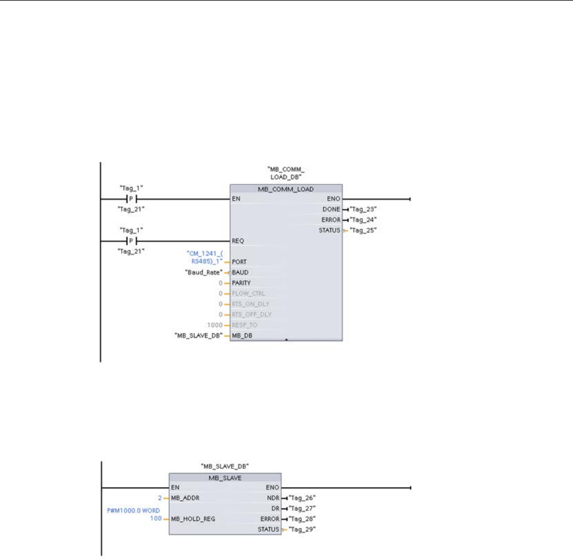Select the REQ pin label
pyautogui.click(x=238, y=240)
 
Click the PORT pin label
pyautogui.click(x=239, y=261)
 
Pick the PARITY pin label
pyautogui.click(x=242, y=283)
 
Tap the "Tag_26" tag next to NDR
pyautogui.click(x=303, y=498)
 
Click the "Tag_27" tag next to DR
pyautogui.click(x=303, y=509)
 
